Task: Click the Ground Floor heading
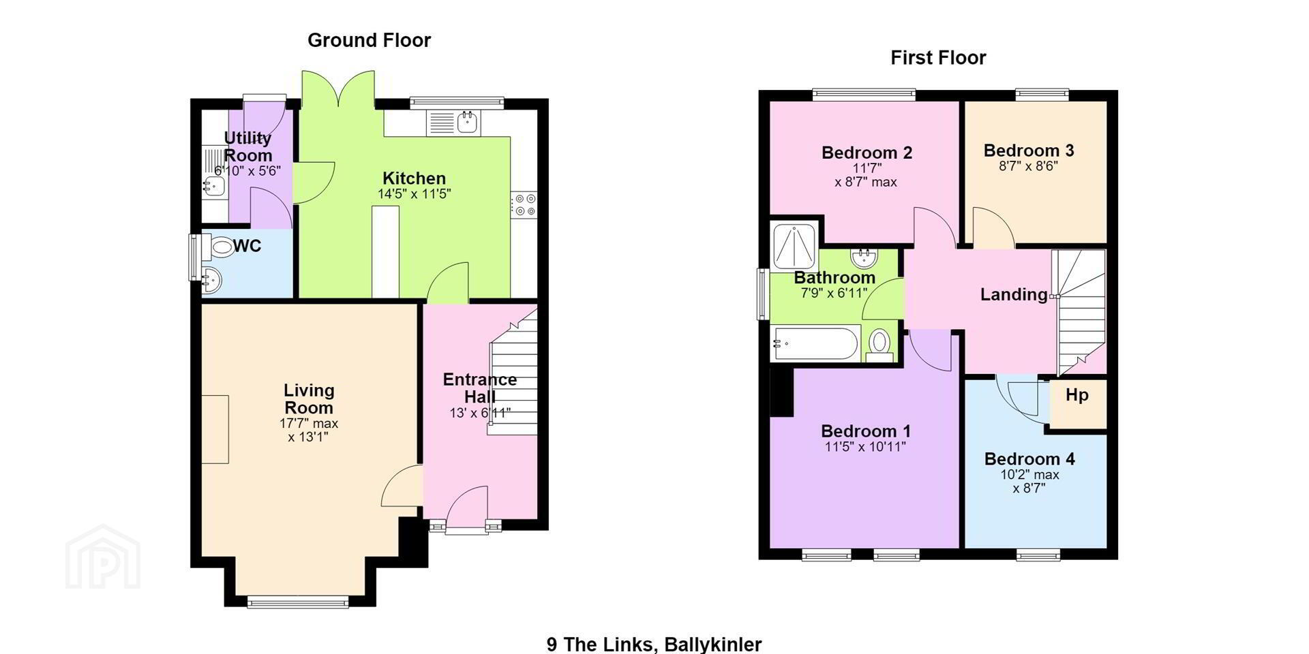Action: (369, 41)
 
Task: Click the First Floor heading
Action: (938, 58)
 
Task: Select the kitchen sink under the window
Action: (453, 123)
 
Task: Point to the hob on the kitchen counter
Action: (524, 204)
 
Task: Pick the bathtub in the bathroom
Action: (815, 344)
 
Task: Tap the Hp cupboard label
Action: (1077, 395)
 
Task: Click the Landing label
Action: (1014, 294)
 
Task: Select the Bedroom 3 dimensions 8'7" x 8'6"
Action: (1028, 166)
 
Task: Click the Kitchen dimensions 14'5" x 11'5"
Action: (415, 194)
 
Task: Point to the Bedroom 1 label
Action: (866, 431)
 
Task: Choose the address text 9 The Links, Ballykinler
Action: (654, 644)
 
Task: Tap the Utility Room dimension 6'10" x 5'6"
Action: (247, 170)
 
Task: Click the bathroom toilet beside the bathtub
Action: (880, 344)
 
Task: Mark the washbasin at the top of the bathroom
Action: (864, 258)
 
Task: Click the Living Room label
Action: (309, 399)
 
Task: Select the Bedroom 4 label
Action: (1029, 459)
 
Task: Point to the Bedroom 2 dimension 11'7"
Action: (867, 168)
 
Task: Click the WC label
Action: (247, 246)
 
